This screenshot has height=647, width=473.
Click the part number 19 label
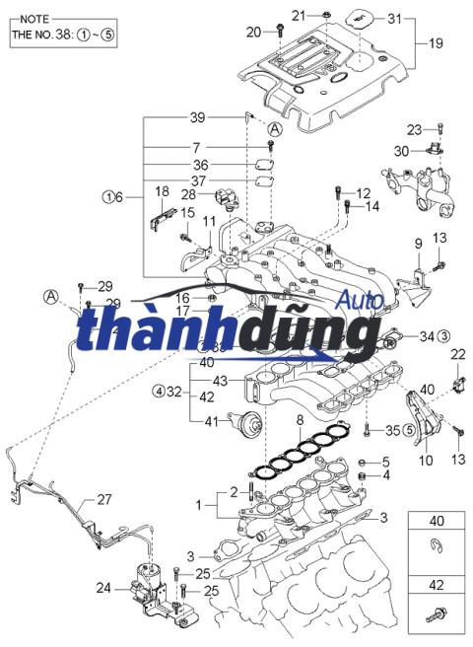(x=435, y=44)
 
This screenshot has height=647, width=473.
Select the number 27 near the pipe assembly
(x=105, y=499)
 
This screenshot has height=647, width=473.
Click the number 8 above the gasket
(x=300, y=421)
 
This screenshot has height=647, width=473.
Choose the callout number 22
(x=457, y=353)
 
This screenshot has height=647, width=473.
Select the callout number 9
(x=418, y=244)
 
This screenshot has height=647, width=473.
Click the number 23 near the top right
(x=415, y=129)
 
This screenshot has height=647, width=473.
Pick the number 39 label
(x=197, y=117)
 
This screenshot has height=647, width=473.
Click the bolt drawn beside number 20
(x=281, y=31)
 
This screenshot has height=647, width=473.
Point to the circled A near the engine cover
(x=275, y=129)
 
